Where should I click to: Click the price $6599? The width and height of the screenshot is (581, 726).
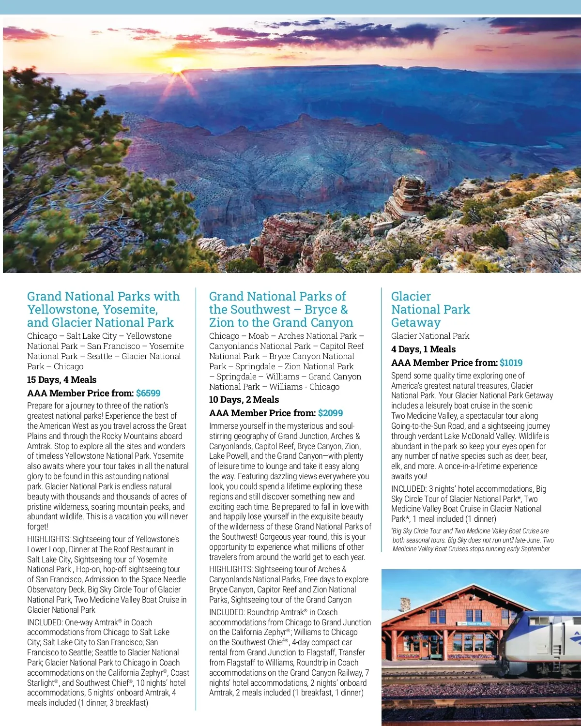pos(148,393)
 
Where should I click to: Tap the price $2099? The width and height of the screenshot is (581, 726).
pos(330,413)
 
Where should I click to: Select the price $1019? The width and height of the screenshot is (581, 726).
pos(511,363)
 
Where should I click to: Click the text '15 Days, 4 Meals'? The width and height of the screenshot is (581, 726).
pos(61,380)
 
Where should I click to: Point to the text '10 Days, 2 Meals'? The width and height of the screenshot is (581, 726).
pos(244,400)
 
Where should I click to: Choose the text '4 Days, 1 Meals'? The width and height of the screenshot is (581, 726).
pos(423,349)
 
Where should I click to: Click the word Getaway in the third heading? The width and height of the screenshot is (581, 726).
pos(415,322)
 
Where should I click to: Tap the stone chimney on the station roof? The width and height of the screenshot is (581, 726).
pos(405,604)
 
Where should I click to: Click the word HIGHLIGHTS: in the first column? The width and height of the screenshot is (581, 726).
pos(48,539)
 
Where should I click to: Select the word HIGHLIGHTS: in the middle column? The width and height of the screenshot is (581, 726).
pos(230,570)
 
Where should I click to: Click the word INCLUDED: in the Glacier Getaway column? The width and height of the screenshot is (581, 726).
pos(409,489)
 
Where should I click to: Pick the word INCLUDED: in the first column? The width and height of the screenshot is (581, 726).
pos(45,622)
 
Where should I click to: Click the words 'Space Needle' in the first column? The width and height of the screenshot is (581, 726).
pos(163,579)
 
